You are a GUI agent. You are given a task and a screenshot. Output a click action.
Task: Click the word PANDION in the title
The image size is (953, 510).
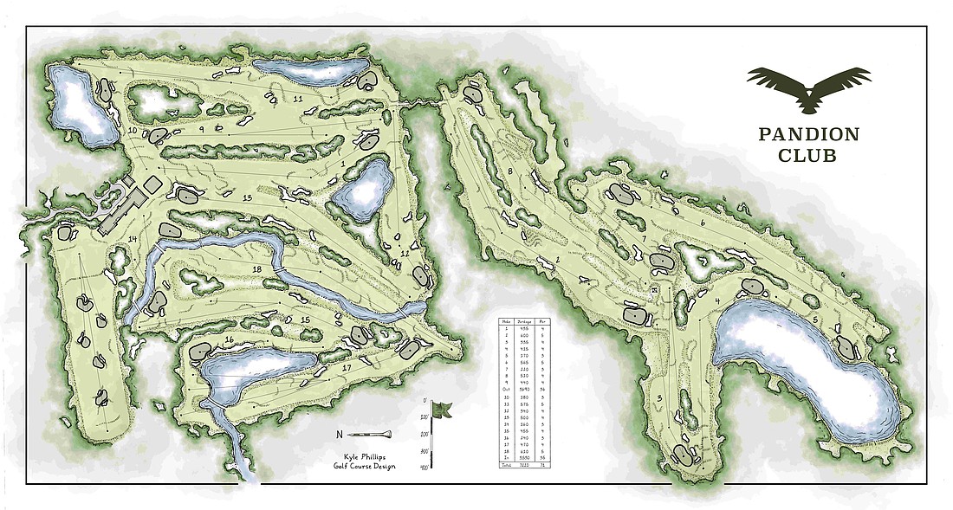[808, 134]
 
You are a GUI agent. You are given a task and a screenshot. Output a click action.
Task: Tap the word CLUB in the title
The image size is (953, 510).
[808, 157]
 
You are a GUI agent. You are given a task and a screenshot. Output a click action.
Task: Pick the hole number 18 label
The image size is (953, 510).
[256, 270]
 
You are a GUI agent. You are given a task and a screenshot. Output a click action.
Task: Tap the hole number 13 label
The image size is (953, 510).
[246, 198]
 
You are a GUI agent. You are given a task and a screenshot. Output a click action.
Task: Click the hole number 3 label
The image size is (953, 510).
[660, 397]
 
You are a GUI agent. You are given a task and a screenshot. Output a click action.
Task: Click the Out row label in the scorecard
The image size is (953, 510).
[504, 390]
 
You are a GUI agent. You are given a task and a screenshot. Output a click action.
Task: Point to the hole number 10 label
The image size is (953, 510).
[133, 131]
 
